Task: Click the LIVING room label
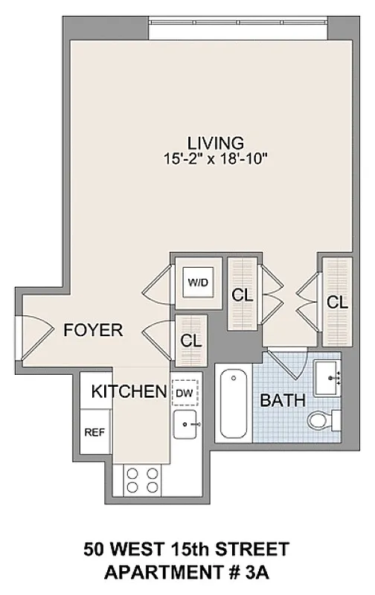pyautogui.click(x=215, y=142)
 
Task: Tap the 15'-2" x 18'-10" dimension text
pyautogui.click(x=215, y=158)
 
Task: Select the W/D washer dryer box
pyautogui.click(x=197, y=283)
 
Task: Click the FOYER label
pyautogui.click(x=93, y=330)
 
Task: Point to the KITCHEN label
pyautogui.click(x=128, y=391)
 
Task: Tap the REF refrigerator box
pyautogui.click(x=94, y=432)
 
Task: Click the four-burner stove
pyautogui.click(x=144, y=479)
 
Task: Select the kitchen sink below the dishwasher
pyautogui.click(x=185, y=426)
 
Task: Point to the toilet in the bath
pyautogui.click(x=321, y=421)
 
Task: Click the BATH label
pyautogui.click(x=282, y=400)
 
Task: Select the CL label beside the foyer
pyautogui.click(x=192, y=339)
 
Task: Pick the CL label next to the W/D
pyautogui.click(x=242, y=295)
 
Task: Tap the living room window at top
pyautogui.click(x=237, y=31)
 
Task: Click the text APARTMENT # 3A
pyautogui.click(x=186, y=573)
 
